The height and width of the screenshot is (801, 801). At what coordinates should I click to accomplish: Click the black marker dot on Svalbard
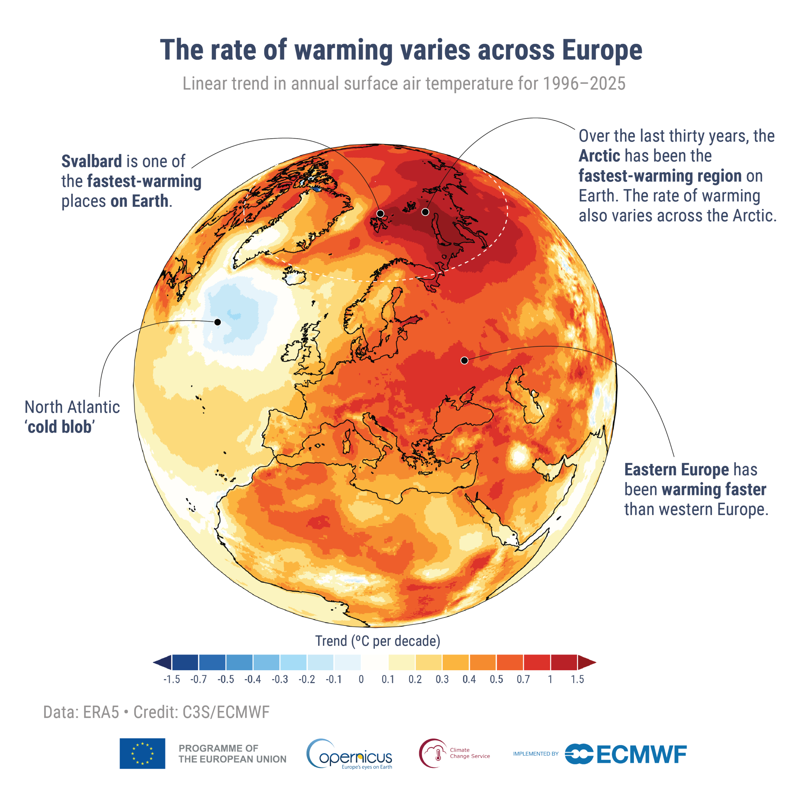[380, 213]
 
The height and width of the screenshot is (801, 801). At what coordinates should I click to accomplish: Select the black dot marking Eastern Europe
[464, 361]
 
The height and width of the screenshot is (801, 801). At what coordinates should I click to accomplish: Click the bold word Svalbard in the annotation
[92, 161]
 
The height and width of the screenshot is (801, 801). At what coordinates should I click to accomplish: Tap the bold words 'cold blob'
[60, 427]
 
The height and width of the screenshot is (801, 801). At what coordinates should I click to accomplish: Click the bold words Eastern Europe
[676, 470]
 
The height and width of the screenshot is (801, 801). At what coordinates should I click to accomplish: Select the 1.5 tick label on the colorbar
[577, 680]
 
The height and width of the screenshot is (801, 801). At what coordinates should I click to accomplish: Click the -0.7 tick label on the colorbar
[198, 680]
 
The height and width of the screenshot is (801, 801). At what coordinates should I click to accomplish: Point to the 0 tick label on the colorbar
[361, 680]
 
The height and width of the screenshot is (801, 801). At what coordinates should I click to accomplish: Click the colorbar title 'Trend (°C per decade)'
[377, 641]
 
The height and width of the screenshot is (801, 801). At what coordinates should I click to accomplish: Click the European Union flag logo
[142, 753]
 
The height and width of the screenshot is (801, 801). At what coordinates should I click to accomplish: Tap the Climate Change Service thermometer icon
[433, 754]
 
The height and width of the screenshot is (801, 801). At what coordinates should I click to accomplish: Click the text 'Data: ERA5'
[81, 712]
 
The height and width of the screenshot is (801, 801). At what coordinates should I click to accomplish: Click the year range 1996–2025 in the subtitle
[584, 84]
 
